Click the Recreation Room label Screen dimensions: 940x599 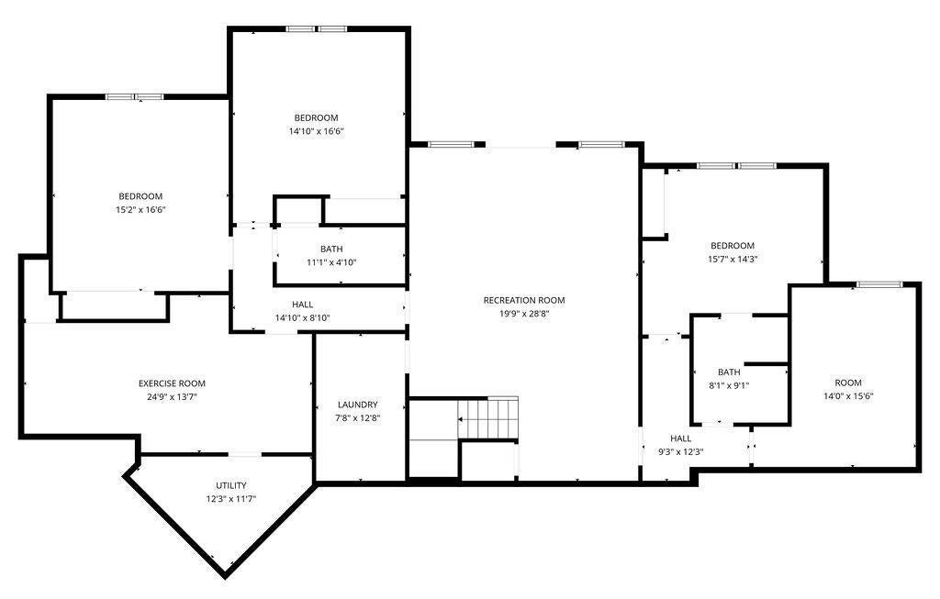point(524,300)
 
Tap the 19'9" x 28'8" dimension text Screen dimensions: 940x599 point(524,314)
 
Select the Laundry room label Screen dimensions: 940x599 point(357,405)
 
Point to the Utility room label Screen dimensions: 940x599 point(230,485)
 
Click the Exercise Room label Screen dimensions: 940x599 point(172,383)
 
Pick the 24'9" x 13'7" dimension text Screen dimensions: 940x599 point(172,397)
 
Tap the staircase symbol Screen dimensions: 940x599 point(488,417)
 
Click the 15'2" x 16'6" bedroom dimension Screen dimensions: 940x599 point(140,210)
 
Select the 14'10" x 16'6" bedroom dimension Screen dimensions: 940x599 point(316,131)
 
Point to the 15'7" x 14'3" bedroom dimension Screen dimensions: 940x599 point(733,260)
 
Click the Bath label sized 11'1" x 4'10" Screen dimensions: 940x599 point(331,249)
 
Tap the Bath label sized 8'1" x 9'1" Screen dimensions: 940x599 point(729,372)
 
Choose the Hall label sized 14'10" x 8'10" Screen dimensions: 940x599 point(303,305)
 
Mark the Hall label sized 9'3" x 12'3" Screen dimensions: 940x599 point(681,438)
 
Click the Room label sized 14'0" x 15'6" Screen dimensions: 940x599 point(848,383)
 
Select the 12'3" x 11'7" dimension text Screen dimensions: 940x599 point(230,498)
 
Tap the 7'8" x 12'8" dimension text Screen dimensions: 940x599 point(357,418)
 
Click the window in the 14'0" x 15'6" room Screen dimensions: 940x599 point(879,284)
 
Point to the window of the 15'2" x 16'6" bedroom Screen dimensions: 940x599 point(135,96)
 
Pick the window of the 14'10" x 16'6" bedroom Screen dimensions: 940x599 point(316,28)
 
